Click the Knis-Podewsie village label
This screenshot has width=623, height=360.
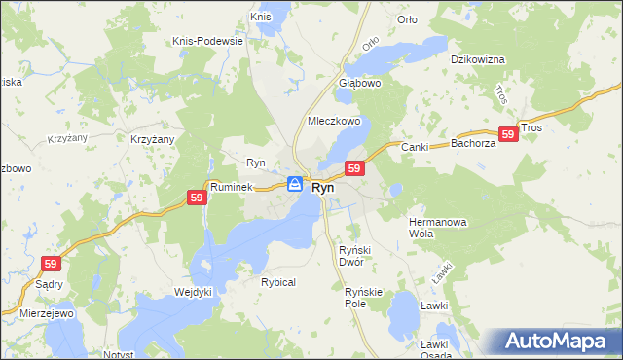205,41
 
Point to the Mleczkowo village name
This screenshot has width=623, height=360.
334,122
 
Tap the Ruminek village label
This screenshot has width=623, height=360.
231,185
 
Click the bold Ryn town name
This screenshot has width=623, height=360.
323,187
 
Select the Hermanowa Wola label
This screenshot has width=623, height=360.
438,228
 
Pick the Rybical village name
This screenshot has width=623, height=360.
277,281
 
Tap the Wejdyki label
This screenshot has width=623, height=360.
193,291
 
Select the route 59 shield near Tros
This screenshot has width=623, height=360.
506,135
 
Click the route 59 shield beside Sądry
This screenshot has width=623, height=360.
51,264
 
